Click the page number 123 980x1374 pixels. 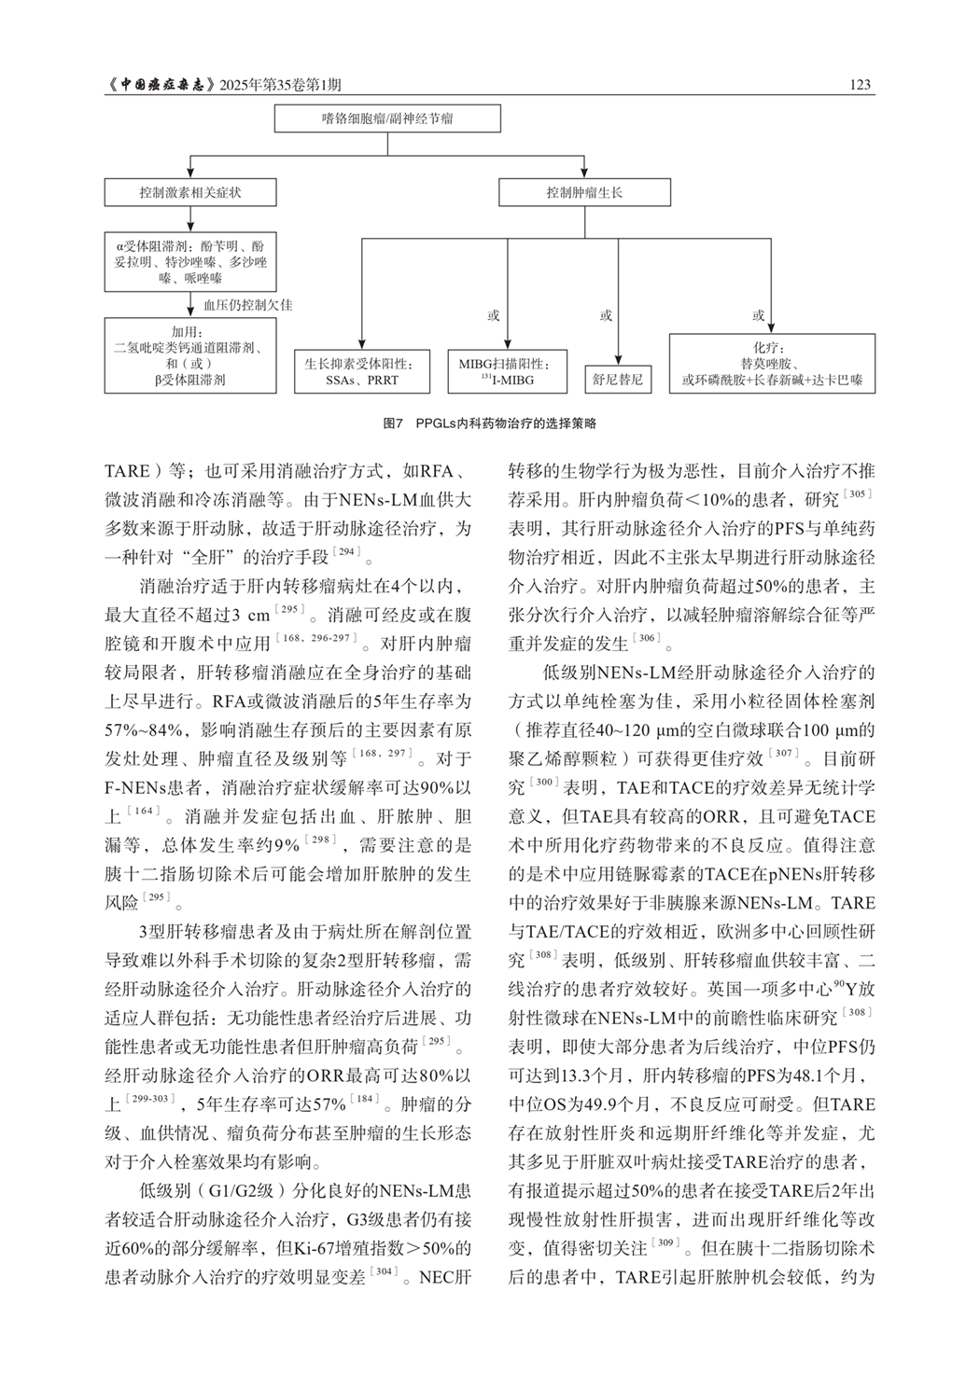point(861,85)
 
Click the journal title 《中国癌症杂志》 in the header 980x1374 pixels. point(161,85)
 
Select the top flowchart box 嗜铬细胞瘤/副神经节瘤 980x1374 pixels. point(387,118)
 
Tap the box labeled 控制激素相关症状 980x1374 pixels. point(190,193)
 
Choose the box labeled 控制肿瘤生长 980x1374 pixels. point(584,193)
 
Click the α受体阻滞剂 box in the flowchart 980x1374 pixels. point(190,262)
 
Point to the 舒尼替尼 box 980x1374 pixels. point(618,381)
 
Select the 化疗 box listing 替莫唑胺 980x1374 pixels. point(772,364)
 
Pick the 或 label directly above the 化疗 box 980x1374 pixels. point(759,316)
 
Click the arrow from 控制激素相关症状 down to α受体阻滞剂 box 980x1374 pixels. point(190,220)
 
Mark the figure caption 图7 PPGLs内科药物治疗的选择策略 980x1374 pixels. point(489,423)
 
